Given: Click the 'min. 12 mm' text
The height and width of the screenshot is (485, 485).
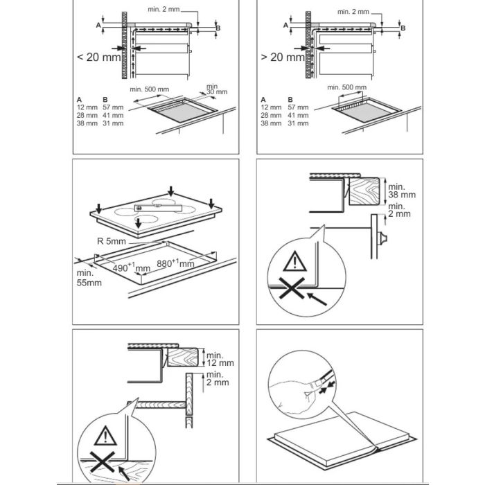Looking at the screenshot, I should click(220, 358).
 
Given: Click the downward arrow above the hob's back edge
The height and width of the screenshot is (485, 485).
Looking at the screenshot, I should click(171, 191).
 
